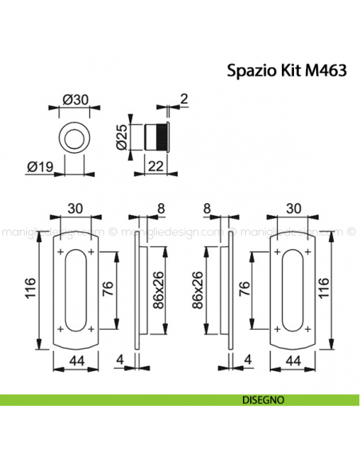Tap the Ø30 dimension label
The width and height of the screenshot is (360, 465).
(74, 100)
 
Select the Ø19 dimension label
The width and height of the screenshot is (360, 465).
(39, 167)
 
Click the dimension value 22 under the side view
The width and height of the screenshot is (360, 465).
(158, 166)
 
